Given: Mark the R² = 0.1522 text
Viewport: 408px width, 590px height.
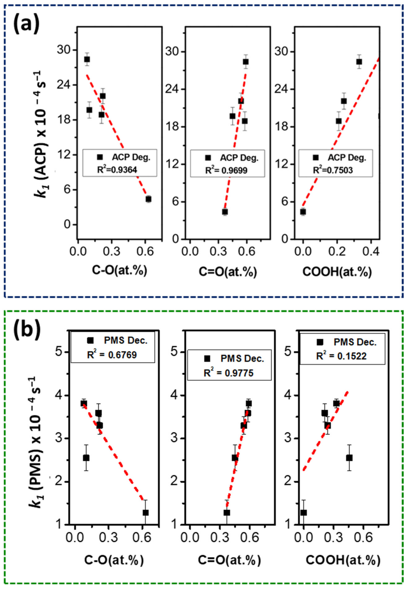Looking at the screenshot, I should (x=341, y=356).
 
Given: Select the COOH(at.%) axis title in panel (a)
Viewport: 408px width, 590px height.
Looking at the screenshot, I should (x=337, y=272).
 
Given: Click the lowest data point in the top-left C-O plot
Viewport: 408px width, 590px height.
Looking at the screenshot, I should (x=148, y=199).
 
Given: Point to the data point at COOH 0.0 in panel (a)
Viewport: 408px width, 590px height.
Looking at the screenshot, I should (x=303, y=212).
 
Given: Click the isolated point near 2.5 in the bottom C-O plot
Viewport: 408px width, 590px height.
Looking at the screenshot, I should (x=86, y=458).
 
